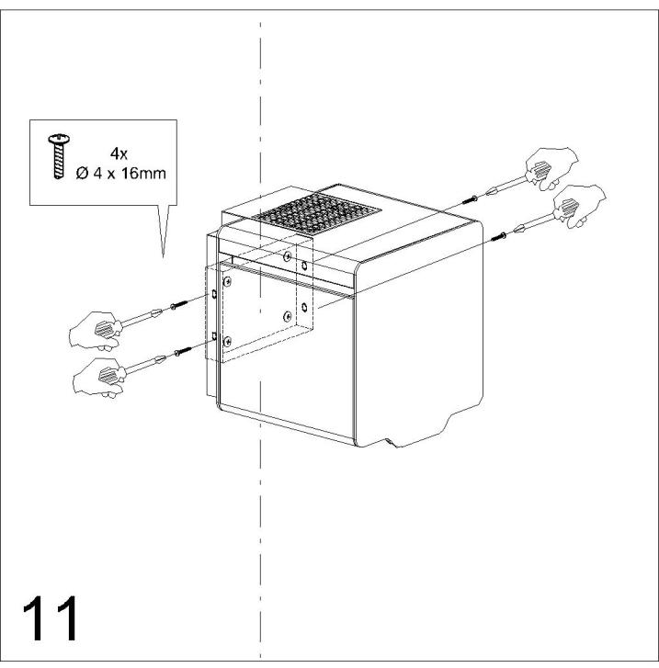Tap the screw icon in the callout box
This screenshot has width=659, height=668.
(x=59, y=156)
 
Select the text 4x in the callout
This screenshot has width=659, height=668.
(x=119, y=153)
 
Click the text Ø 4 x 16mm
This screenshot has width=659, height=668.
(x=121, y=174)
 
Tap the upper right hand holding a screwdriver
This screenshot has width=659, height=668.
(x=551, y=168)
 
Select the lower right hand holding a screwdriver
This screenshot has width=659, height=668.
(x=579, y=206)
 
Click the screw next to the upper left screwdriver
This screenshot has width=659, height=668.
(x=178, y=305)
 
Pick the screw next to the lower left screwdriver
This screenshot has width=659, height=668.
(x=183, y=352)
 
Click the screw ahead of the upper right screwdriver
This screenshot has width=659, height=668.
(x=470, y=199)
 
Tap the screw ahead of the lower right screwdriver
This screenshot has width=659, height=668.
(x=499, y=236)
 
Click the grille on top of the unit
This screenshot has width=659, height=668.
(x=316, y=213)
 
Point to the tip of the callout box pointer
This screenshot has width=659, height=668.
(x=163, y=258)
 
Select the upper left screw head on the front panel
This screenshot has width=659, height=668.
(x=228, y=281)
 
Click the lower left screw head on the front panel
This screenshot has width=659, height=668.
(x=228, y=341)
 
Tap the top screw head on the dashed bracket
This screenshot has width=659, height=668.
(x=288, y=256)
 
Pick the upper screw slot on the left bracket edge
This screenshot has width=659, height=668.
(x=214, y=294)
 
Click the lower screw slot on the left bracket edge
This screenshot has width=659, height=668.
(x=214, y=336)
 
